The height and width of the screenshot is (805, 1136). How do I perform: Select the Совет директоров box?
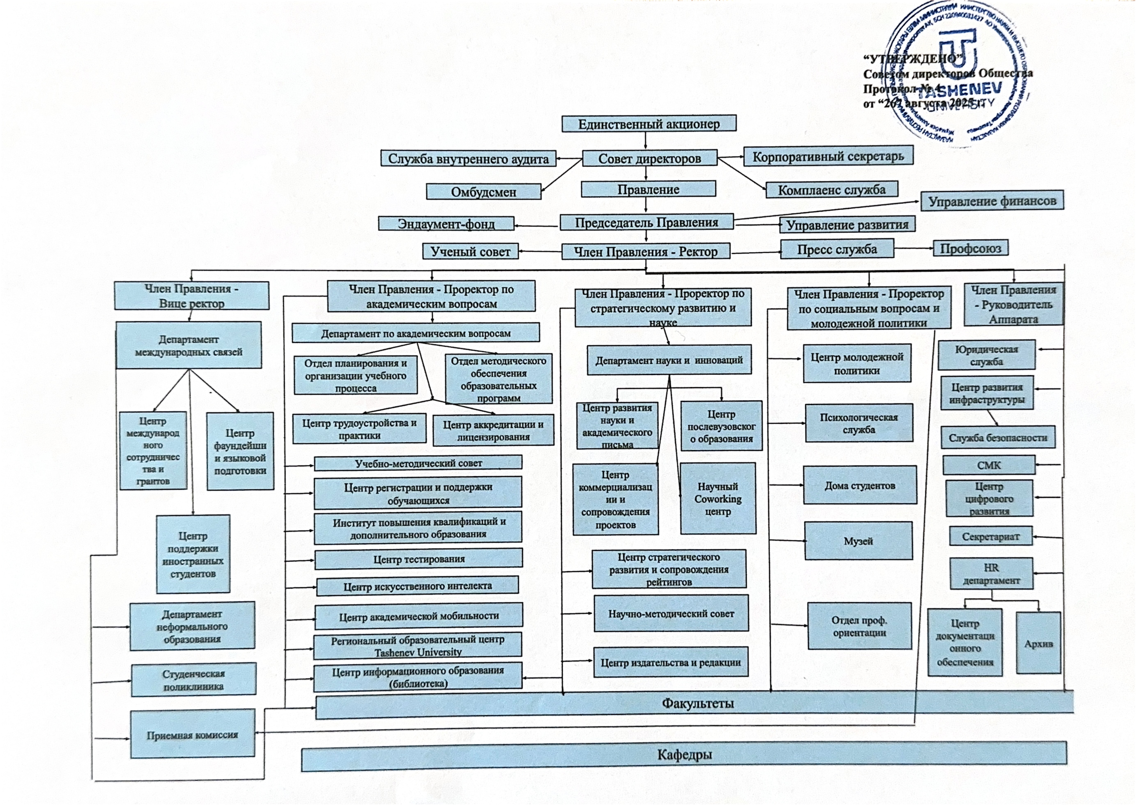pos(649,159)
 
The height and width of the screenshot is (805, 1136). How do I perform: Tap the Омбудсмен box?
pos(483,192)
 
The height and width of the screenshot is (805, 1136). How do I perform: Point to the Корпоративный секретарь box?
pos(828,157)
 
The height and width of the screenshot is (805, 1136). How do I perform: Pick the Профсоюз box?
pos(970,248)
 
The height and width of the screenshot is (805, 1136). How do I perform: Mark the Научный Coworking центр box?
pos(718,499)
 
